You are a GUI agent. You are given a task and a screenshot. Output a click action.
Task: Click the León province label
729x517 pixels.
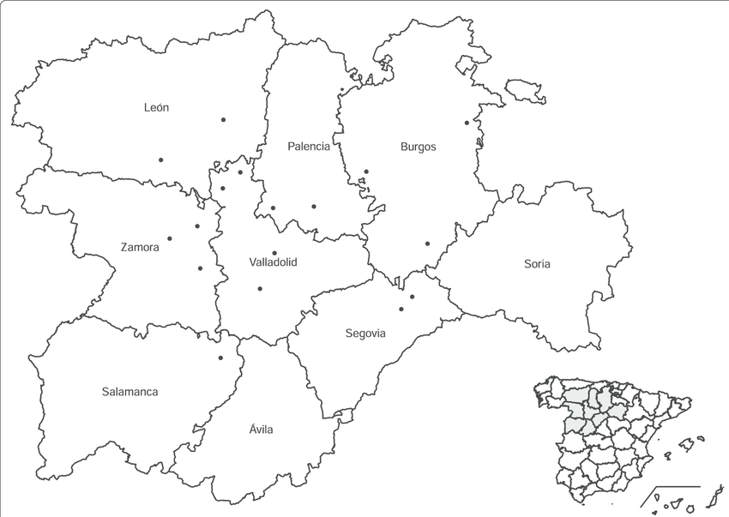pos(156,108)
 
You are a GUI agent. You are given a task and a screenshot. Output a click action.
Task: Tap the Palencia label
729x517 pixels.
pos(309,147)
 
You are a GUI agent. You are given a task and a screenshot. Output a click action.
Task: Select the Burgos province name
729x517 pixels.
pos(419,147)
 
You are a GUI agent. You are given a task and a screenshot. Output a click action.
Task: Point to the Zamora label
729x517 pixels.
pos(140,247)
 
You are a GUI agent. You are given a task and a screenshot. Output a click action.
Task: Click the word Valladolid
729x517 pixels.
pos(273,262)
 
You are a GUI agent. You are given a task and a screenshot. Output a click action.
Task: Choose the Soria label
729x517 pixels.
pos(537,264)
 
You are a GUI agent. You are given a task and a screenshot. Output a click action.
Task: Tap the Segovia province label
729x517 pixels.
pos(365,334)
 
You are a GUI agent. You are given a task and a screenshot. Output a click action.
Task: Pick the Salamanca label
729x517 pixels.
pos(130,392)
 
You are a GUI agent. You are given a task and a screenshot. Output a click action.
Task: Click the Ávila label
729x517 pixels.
pos(261,430)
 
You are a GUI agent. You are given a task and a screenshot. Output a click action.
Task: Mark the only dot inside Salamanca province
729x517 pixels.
pos(220,358)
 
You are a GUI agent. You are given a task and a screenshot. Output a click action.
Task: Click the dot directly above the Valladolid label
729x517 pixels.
pos(274,253)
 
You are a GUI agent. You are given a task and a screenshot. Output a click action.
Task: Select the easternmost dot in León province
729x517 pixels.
pos(223,119)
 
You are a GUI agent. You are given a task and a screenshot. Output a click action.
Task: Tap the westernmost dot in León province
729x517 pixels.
pos(160,159)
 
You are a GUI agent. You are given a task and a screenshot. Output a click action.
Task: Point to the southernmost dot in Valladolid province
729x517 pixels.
pos(260,288)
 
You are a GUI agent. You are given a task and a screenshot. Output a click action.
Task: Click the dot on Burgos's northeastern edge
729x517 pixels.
pos(467,123)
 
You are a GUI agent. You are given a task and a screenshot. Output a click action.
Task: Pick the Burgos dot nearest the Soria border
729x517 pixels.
pos(427,243)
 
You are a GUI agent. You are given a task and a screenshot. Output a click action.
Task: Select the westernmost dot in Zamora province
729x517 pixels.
pos(170,238)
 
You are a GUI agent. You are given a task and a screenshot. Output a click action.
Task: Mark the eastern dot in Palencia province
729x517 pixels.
pos(314,206)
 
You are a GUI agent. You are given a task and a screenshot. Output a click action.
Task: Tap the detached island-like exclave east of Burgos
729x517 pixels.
pos(525,91)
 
